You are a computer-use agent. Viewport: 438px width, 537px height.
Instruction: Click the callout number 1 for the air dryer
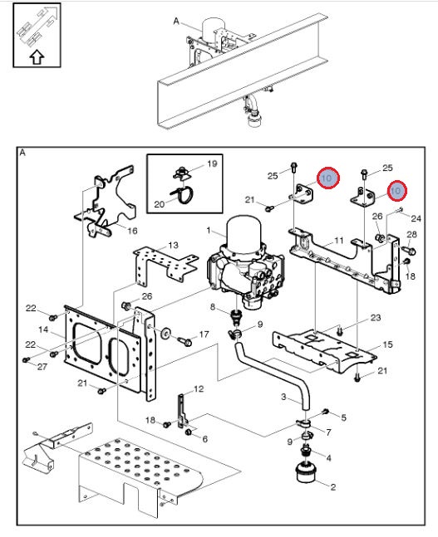209,231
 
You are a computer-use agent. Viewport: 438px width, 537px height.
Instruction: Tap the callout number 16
132,231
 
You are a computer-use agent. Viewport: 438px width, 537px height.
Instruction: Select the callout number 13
173,245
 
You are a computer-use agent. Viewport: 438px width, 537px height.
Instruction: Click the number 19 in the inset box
212,164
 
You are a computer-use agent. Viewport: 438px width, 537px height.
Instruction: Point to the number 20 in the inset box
159,204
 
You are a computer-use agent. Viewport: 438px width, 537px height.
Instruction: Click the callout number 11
339,241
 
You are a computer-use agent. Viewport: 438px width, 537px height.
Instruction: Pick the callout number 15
387,344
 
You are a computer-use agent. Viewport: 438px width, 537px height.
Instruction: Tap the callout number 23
376,318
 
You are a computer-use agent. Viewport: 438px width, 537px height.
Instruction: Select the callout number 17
204,334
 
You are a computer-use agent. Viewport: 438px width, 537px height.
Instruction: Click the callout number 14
43,330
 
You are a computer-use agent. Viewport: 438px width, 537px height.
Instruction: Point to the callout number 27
42,367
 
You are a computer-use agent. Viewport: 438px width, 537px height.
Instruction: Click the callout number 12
199,388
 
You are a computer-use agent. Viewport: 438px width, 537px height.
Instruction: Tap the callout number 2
332,486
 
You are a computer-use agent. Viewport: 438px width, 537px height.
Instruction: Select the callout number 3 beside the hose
283,397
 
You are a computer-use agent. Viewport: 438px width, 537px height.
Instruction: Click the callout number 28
411,234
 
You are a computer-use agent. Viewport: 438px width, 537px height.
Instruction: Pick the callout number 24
416,218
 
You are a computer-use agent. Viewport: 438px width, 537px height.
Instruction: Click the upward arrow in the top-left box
37,57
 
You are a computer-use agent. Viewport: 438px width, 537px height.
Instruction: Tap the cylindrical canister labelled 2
305,472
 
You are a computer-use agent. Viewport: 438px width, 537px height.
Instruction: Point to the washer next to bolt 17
165,333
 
